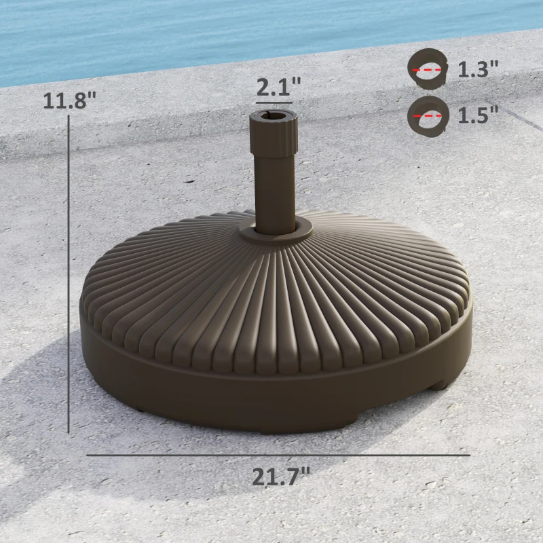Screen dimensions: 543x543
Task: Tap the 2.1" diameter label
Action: (278, 87)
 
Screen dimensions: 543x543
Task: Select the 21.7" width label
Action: (281, 476)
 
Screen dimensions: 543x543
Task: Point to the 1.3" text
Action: (478, 69)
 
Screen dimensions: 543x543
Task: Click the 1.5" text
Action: (478, 115)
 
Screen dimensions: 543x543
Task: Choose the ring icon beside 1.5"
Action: (428, 115)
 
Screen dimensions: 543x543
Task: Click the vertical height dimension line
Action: (69, 271)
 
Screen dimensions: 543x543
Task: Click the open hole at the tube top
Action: (274, 116)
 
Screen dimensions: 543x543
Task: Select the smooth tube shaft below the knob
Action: (274, 190)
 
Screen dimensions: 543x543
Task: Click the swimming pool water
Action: (204, 34)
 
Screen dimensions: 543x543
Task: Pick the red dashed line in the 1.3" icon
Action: (428, 70)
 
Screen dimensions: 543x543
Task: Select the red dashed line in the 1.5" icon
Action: (428, 115)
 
